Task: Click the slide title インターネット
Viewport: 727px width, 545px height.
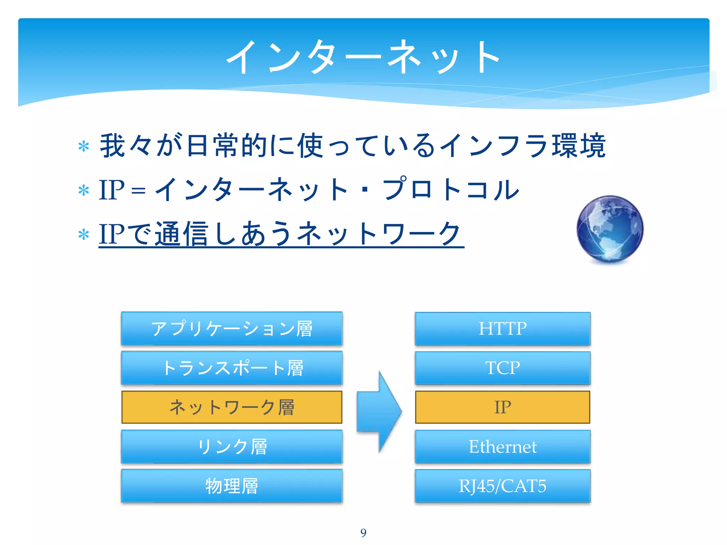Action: [x=363, y=57]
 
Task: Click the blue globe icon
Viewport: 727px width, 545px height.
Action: [x=610, y=229]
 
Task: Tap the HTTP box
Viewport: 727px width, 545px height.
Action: [x=502, y=329]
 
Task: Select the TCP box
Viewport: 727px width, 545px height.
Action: [x=502, y=368]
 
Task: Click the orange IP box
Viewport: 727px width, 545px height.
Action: [x=502, y=407]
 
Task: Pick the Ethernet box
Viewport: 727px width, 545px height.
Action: [x=502, y=446]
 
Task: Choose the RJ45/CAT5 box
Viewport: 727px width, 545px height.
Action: [x=502, y=486]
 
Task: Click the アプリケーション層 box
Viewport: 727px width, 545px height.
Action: [x=231, y=329]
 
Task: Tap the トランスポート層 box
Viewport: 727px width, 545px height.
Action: [x=231, y=368]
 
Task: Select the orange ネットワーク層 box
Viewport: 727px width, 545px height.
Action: [x=231, y=407]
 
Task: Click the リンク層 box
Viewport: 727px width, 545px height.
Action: [x=231, y=446]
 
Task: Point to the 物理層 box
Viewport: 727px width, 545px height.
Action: [x=231, y=486]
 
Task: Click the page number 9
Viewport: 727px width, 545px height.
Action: [x=363, y=533]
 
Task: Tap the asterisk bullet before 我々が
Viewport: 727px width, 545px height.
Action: [x=84, y=146]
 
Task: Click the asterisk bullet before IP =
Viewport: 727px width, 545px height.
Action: [x=84, y=191]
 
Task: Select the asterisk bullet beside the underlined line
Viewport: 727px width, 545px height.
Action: [x=84, y=235]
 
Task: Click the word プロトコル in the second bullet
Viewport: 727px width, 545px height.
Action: [x=451, y=189]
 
